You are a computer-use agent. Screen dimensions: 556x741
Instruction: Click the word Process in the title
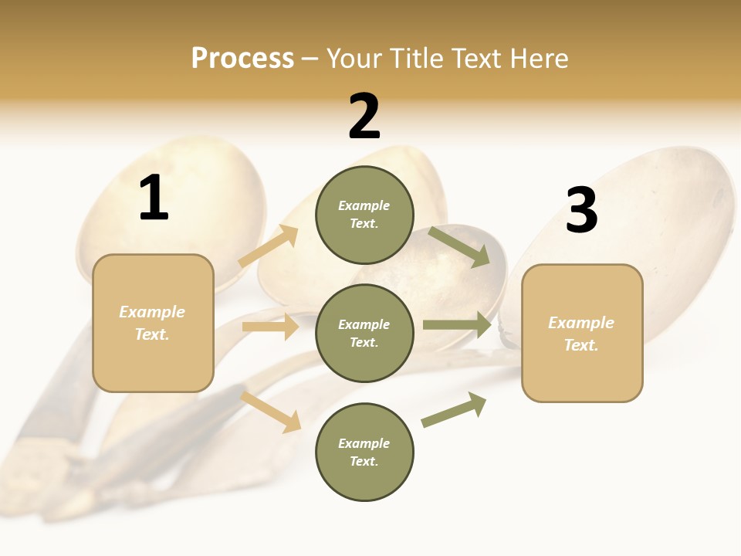pyautogui.click(x=242, y=59)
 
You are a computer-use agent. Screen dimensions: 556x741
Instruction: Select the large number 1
pyautogui.click(x=154, y=198)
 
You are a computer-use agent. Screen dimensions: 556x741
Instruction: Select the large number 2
pyautogui.click(x=364, y=117)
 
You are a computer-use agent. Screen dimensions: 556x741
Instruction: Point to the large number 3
pyautogui.click(x=581, y=211)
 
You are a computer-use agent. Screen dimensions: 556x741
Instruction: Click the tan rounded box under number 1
pyautogui.click(x=153, y=323)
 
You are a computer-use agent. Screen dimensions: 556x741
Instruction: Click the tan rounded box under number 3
pyautogui.click(x=582, y=334)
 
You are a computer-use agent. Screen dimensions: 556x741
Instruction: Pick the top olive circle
pyautogui.click(x=364, y=215)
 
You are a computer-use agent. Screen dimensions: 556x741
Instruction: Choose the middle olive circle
pyautogui.click(x=364, y=333)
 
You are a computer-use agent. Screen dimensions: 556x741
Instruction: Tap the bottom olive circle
pyautogui.click(x=364, y=452)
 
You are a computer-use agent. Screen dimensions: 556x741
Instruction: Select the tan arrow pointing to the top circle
pyautogui.click(x=269, y=246)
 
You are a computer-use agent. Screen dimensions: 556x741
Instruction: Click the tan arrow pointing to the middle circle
pyautogui.click(x=270, y=327)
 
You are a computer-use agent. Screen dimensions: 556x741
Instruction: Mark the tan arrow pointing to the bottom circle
pyautogui.click(x=271, y=412)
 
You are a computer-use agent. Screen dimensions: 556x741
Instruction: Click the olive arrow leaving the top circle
pyautogui.click(x=459, y=246)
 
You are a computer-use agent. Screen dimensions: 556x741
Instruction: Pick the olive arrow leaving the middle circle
pyautogui.click(x=457, y=325)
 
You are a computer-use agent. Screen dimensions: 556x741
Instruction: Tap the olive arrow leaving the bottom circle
pyautogui.click(x=455, y=410)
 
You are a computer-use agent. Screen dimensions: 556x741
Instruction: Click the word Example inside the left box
pyautogui.click(x=152, y=312)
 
